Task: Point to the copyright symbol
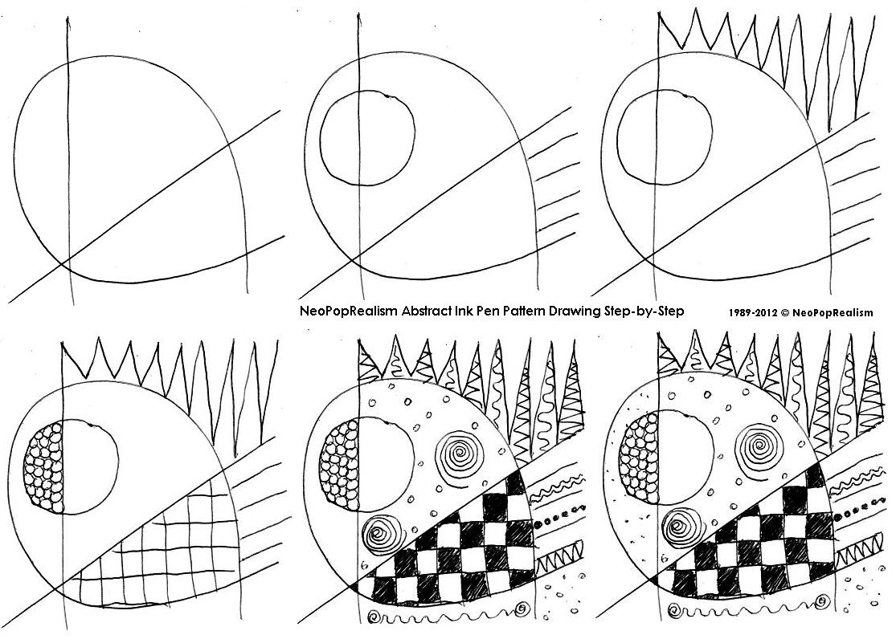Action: point(784,312)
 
